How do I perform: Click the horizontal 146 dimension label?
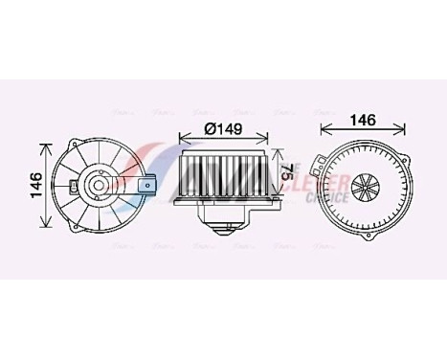[x=362, y=122]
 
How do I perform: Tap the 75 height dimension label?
[x=286, y=172]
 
